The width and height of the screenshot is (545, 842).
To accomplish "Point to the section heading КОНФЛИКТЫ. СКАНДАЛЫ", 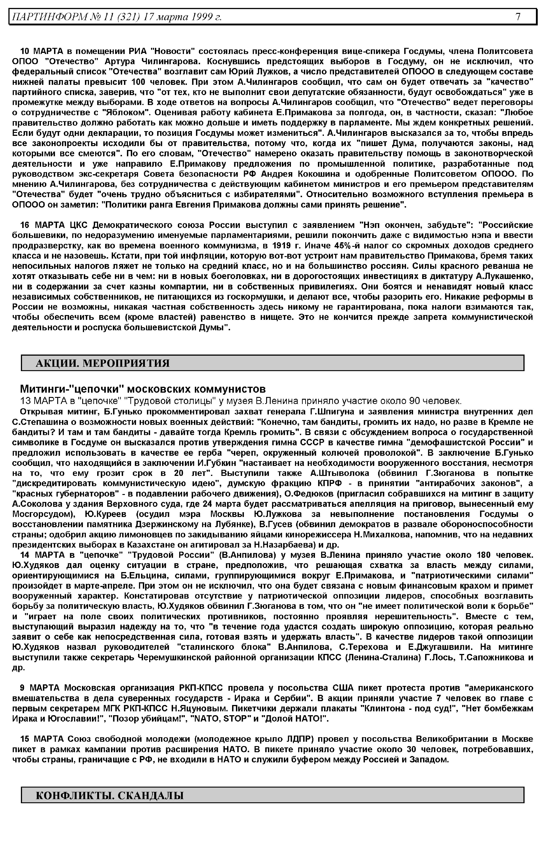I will (110, 796).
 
